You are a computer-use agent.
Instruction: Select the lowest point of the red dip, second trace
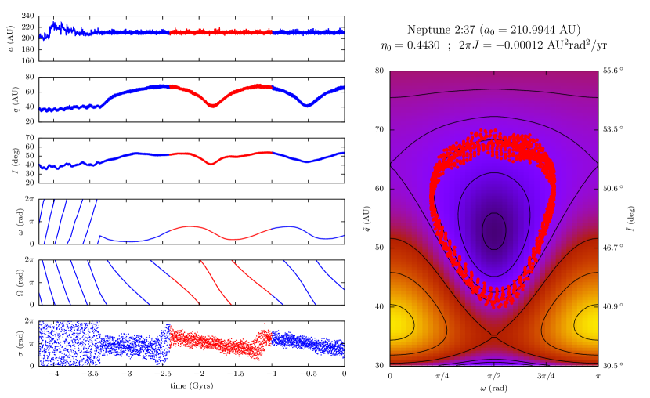212,106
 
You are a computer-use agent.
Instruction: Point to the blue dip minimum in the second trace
306,105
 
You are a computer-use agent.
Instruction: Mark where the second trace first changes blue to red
170,85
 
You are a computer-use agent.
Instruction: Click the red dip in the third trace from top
211,164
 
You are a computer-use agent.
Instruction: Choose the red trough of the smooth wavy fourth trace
233,239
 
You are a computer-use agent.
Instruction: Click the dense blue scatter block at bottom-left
69,342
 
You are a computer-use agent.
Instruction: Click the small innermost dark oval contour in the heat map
493,231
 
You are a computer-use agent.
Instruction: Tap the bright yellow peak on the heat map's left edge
398,322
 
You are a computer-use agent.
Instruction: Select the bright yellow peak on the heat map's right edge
589,322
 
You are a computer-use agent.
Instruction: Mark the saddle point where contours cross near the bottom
493,336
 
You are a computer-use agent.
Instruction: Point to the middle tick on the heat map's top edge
493,73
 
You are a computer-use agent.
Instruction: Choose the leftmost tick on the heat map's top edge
442,73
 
